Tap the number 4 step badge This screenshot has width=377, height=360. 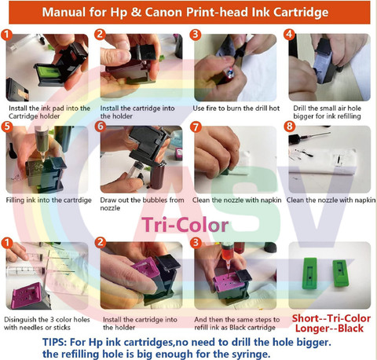pyautogui.click(x=289, y=35)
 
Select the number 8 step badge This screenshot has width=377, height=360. pyautogui.click(x=289, y=126)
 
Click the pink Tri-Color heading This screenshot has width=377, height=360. pyautogui.click(x=185, y=225)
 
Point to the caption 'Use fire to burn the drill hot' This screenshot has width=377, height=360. pyautogui.click(x=236, y=108)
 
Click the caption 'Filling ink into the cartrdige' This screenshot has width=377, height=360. pyautogui.click(x=49, y=200)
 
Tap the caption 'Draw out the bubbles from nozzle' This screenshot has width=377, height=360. pyautogui.click(x=142, y=204)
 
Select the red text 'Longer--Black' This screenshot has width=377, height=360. pyautogui.click(x=329, y=329)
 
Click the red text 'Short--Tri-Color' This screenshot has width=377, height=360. pyautogui.click(x=331, y=318)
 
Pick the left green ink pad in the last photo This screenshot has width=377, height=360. pyautogui.click(x=309, y=274)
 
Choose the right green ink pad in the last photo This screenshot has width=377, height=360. pyautogui.click(x=341, y=273)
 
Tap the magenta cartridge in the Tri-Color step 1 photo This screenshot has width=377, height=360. pyautogui.click(x=30, y=296)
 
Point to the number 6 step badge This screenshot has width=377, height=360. pyautogui.click(x=101, y=126)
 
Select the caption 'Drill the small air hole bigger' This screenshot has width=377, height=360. pyautogui.click(x=327, y=112)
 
